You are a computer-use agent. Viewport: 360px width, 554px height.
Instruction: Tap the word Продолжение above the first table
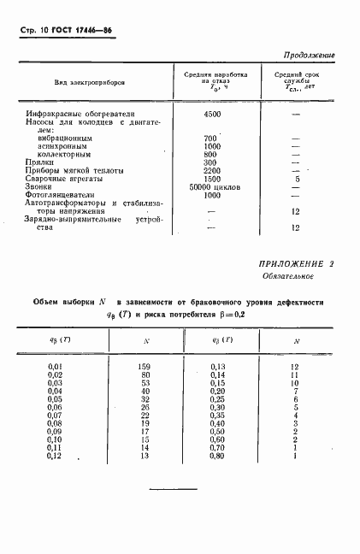(x=308, y=55)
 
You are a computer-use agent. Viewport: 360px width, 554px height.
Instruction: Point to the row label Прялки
(x=38, y=162)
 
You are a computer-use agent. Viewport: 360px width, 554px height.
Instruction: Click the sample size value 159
(x=144, y=367)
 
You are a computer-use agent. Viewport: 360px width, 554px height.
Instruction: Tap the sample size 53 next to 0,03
(x=145, y=382)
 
